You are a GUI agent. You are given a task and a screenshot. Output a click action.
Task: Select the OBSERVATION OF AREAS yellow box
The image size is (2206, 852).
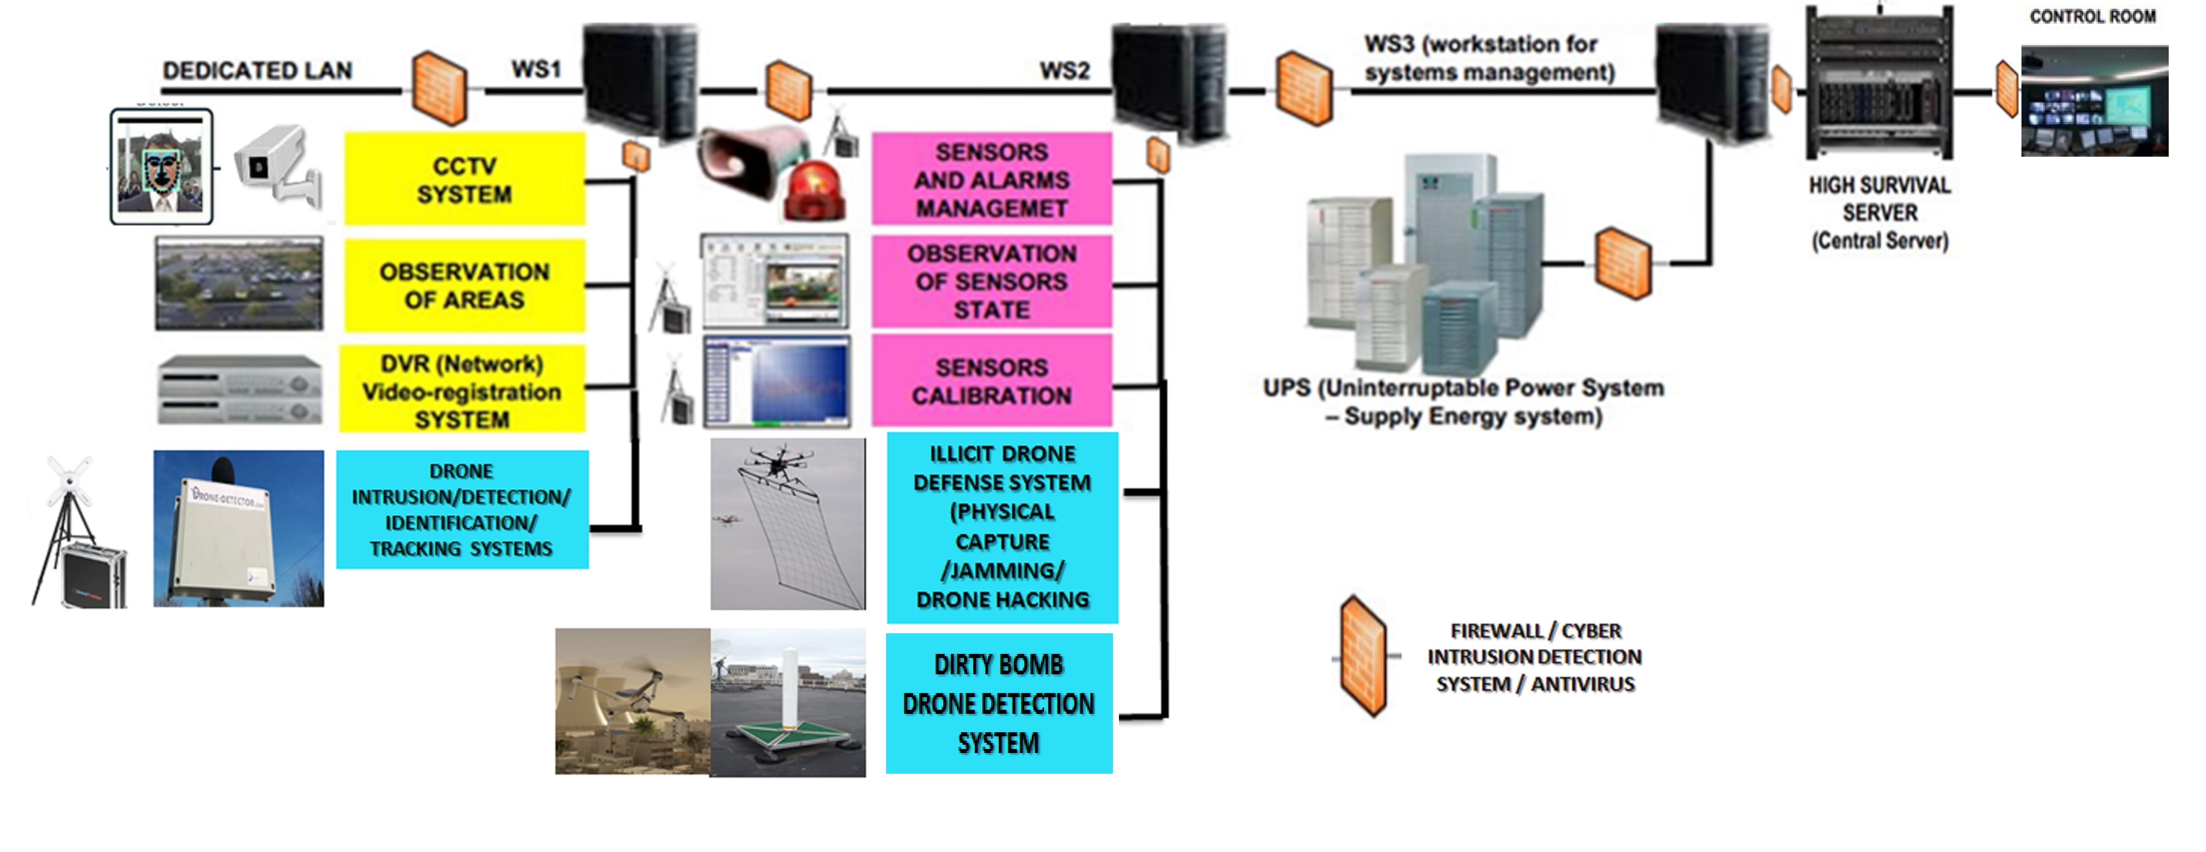pyautogui.click(x=464, y=285)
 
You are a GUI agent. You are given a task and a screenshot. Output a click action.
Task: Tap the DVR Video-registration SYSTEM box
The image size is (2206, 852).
pyautogui.click(x=462, y=391)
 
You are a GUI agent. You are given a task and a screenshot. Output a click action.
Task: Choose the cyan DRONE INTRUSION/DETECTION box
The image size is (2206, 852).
pyautogui.click(x=462, y=509)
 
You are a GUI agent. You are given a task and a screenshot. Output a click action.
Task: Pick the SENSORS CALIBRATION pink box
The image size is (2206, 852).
pyautogui.click(x=992, y=381)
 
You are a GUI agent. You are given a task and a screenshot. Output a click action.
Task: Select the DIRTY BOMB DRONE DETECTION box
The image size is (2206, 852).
pyautogui.click(x=998, y=703)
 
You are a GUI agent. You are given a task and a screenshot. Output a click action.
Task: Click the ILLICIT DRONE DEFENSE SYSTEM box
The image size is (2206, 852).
pyautogui.click(x=1002, y=527)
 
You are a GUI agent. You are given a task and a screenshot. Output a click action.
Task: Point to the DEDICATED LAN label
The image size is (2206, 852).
pyautogui.click(x=257, y=70)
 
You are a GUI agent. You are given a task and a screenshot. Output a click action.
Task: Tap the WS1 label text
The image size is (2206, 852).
pyautogui.click(x=536, y=68)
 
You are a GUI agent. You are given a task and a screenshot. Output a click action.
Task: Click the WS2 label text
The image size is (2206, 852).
pyautogui.click(x=1065, y=70)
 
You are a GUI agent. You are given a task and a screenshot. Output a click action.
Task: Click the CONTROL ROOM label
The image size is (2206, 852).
pyautogui.click(x=2092, y=16)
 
